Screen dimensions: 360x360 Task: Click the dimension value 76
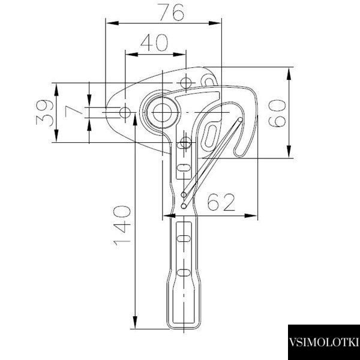[172, 12]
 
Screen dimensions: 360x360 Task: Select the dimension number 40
[154, 43]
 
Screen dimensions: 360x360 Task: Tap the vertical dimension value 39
[45, 113]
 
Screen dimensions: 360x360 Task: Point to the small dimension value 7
[73, 112]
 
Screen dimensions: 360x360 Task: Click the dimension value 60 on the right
[277, 113]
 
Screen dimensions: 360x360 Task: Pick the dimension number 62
[221, 202]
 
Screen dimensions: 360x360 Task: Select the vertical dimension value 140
[122, 226]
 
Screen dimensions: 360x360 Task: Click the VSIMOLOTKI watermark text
[323, 342]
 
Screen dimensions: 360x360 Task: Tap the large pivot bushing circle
[162, 113]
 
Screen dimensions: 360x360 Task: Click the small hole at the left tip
[125, 113]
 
